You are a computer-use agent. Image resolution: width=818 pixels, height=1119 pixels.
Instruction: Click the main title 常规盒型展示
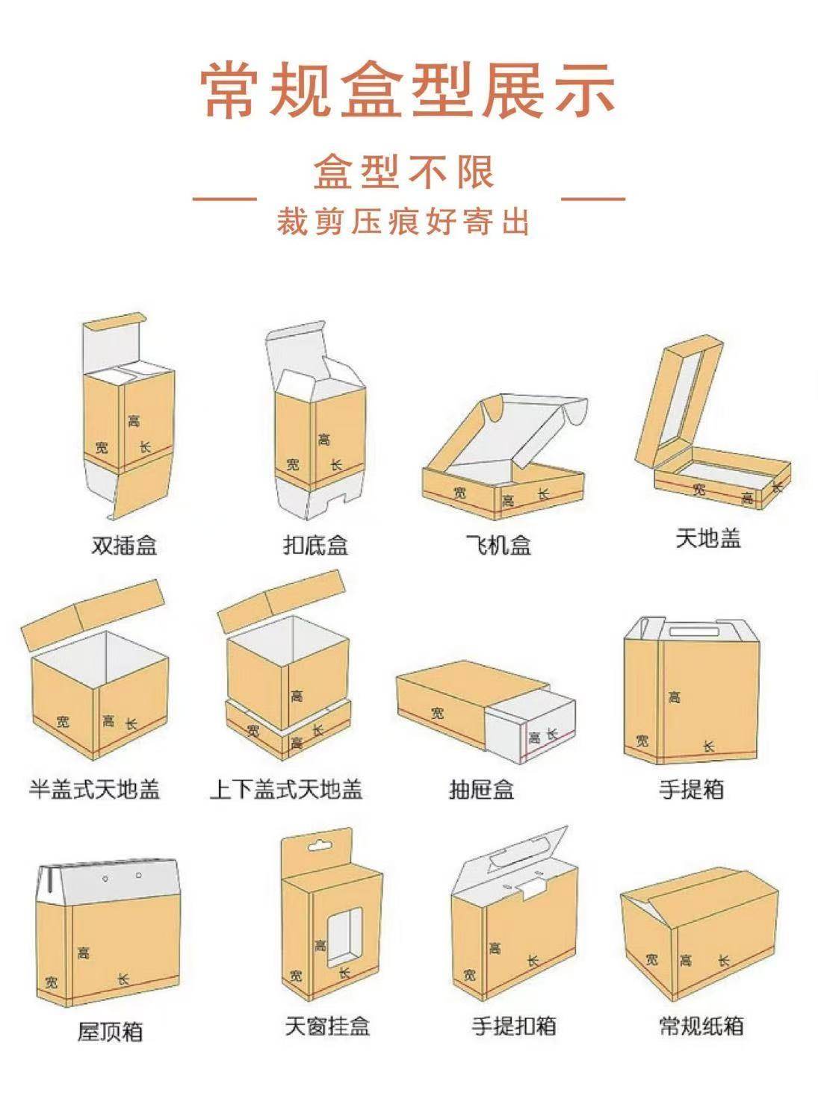point(408,90)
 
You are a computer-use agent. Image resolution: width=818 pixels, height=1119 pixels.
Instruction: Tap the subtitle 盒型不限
point(403,172)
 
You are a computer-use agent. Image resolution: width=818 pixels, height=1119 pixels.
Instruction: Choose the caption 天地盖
point(707,538)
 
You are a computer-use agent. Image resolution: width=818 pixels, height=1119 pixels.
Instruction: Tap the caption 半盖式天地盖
point(95,789)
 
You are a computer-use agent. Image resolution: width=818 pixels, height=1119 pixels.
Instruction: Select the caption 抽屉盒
point(481,789)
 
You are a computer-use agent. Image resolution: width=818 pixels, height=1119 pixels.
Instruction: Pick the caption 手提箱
point(691,789)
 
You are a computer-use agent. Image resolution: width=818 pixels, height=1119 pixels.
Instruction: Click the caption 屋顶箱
point(110,1032)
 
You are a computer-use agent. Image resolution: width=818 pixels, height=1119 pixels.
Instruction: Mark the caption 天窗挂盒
point(327,1026)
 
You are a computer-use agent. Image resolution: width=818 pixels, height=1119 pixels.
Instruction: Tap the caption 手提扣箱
point(514,1026)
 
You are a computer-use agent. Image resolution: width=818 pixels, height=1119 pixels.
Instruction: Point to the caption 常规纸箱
point(701,1026)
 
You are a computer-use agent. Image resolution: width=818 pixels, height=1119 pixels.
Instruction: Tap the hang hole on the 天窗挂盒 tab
point(319,847)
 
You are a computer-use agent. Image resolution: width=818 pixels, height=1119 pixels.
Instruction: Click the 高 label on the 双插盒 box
point(134,421)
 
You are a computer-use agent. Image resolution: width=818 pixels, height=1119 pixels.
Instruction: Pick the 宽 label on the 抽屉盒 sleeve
point(437,714)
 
